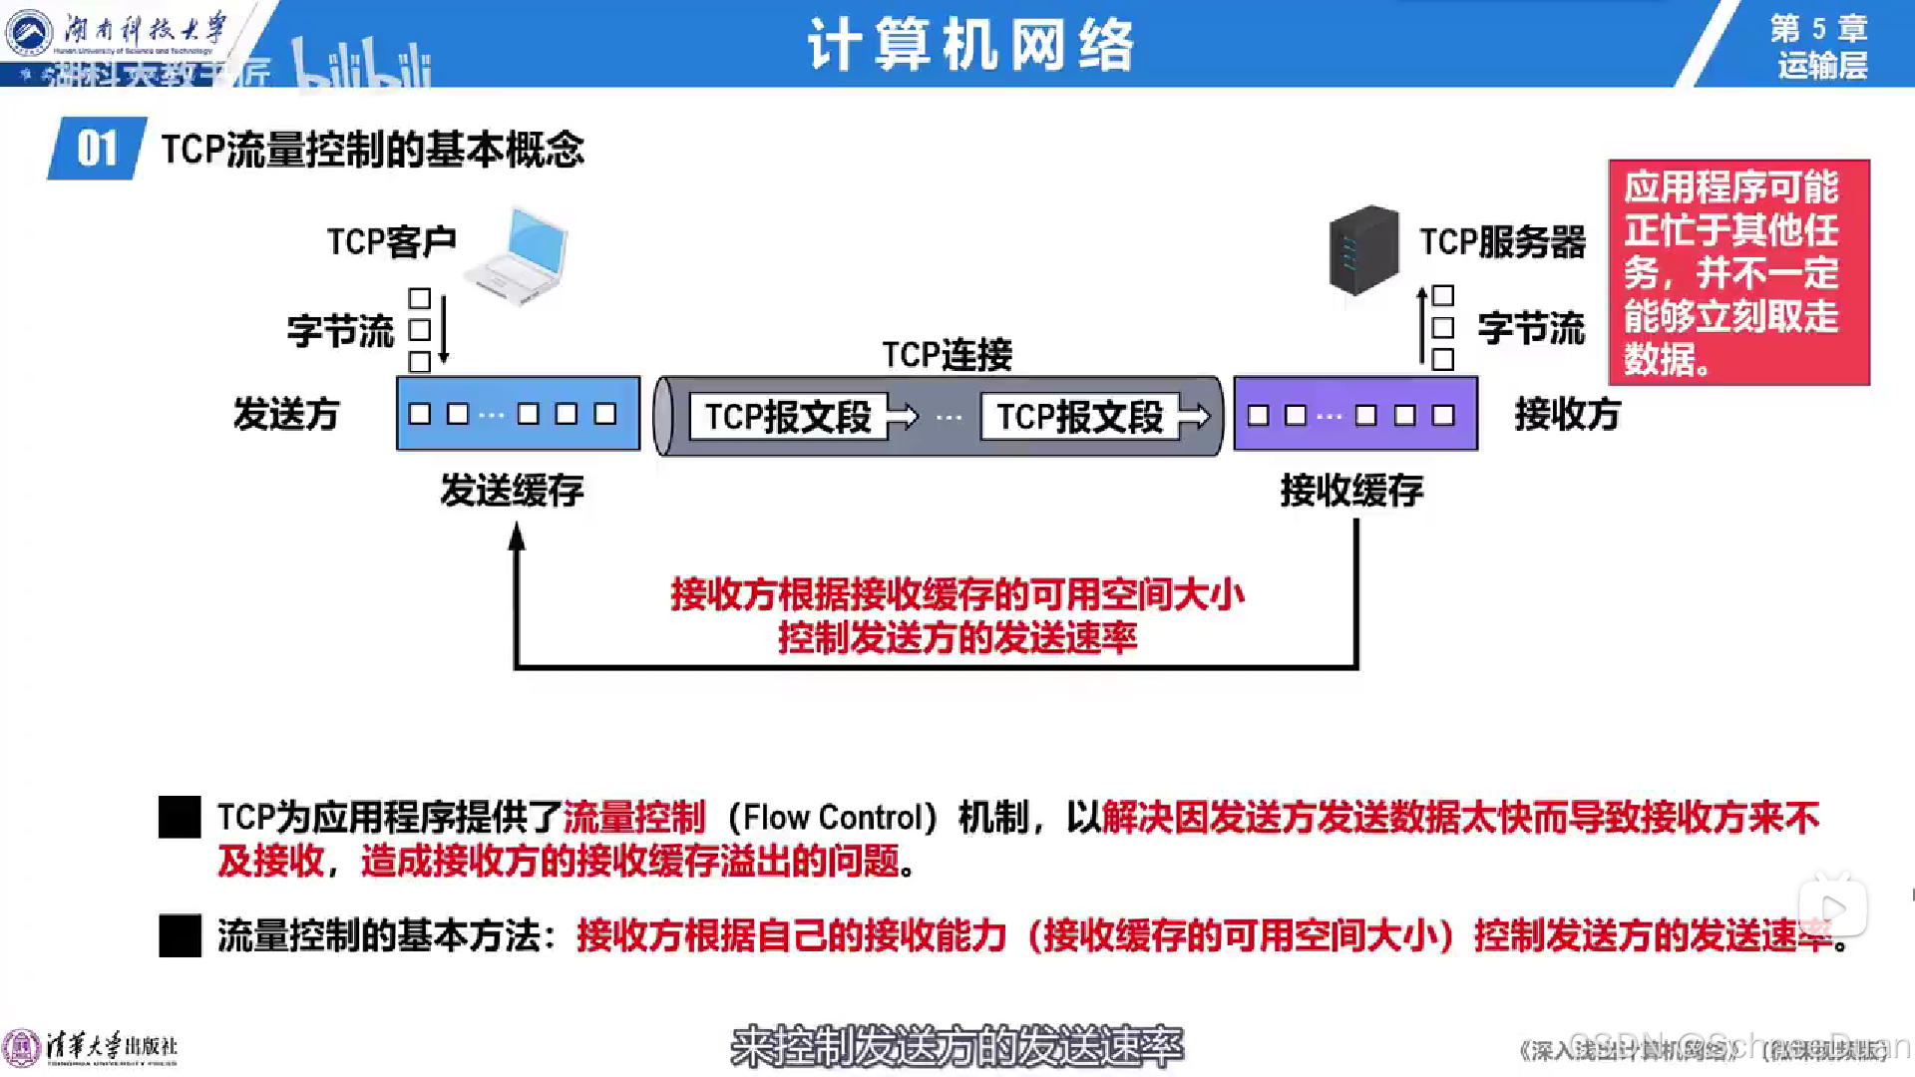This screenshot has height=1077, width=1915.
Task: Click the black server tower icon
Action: click(x=1363, y=249)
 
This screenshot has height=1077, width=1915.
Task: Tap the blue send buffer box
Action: click(x=518, y=413)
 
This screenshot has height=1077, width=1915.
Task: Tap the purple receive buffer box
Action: click(x=1355, y=414)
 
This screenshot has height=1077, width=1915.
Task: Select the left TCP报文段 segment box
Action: click(x=788, y=417)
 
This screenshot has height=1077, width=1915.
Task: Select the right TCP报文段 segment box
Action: click(x=1080, y=417)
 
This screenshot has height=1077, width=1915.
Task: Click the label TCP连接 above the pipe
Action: click(x=947, y=354)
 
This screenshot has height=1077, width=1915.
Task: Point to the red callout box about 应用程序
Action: click(x=1738, y=271)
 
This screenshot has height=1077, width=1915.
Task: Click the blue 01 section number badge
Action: click(x=97, y=149)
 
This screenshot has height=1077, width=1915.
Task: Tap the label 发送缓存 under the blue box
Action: click(x=512, y=490)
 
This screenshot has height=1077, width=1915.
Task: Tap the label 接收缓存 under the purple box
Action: click(x=1351, y=490)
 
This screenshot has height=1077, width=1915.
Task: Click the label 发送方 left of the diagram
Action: click(x=286, y=414)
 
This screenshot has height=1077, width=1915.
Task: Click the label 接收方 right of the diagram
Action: click(x=1567, y=414)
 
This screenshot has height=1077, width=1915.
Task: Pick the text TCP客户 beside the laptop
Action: click(x=391, y=241)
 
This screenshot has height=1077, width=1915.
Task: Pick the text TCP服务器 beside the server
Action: click(x=1502, y=241)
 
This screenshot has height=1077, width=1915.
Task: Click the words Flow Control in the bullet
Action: click(x=832, y=818)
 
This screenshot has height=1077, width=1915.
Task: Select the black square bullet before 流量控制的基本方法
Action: click(x=180, y=935)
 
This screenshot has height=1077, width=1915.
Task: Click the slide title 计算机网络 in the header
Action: click(x=970, y=45)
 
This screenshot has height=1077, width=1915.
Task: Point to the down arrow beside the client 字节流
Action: click(x=444, y=329)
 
